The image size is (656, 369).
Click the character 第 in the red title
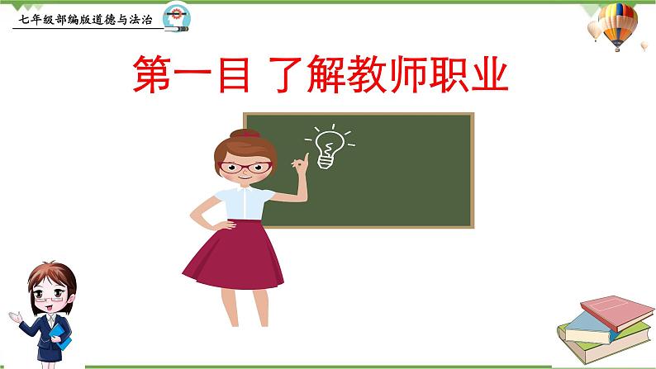coord(154,76)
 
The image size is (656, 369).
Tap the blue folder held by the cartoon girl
coord(57,334)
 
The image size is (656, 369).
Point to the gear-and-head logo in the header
coord(176,16)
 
